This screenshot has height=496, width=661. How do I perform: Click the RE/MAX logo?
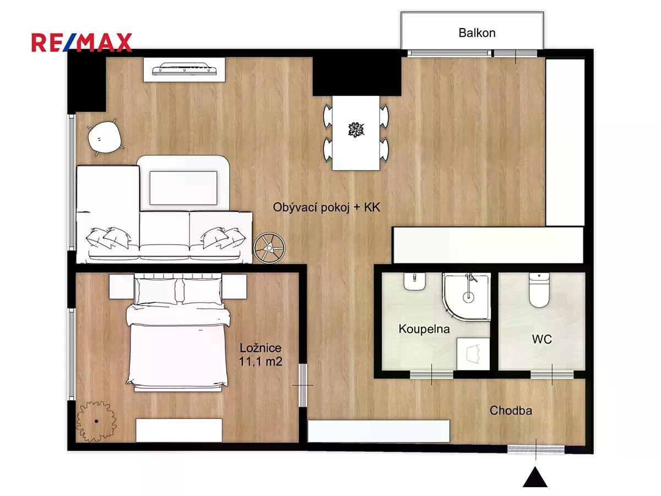point(82,42)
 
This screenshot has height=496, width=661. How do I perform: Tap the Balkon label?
point(476,33)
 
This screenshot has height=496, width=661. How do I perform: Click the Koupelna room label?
point(424,329)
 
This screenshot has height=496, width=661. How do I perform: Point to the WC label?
point(542,339)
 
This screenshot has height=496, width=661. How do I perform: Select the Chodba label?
point(511,411)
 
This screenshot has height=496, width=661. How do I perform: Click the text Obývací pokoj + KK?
point(327,208)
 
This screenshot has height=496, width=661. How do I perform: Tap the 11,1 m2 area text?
point(261,362)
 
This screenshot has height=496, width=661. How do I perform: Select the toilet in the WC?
point(539,290)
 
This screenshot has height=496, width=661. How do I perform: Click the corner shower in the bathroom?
point(466,296)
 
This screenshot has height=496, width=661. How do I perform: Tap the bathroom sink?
point(414,281)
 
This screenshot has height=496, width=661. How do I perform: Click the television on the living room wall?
point(184,69)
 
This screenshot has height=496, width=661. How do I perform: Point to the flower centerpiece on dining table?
point(356,130)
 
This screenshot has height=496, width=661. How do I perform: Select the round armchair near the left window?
point(104,138)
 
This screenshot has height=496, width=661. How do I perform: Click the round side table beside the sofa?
point(269,247)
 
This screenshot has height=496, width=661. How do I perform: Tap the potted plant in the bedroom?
point(96,421)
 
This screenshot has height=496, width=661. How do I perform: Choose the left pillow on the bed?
point(157,291)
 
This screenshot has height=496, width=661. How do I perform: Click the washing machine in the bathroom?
point(473,354)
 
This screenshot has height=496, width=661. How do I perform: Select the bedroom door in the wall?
point(303,385)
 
